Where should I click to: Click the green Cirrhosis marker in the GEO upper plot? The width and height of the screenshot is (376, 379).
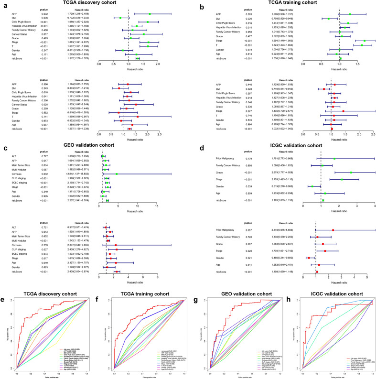(116, 174)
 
